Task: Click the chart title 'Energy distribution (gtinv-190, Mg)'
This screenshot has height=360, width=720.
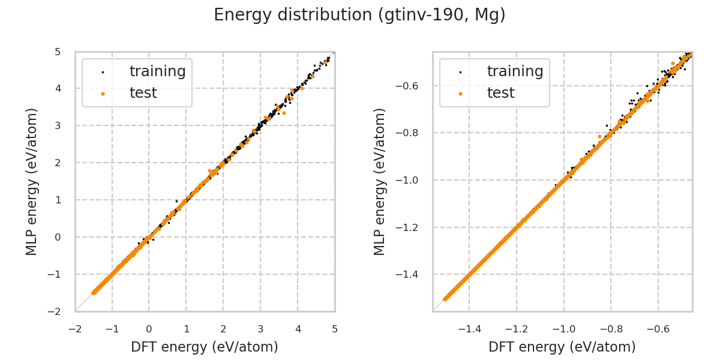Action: [x=359, y=15]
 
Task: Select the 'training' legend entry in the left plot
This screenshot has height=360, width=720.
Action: [x=157, y=71]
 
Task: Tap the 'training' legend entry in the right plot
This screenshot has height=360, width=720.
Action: [x=515, y=71]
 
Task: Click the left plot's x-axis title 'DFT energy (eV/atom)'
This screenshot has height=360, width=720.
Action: [x=205, y=347]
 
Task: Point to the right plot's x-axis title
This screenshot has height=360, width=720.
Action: [x=562, y=347]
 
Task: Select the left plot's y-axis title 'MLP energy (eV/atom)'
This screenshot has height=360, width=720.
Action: [x=32, y=181]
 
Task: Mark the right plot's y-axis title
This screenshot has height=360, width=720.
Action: [x=380, y=181]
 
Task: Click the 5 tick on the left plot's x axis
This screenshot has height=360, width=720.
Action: [x=335, y=329]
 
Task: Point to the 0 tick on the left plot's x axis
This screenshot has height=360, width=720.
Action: [x=149, y=329]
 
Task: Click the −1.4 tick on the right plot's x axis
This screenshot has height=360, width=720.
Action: [x=467, y=329]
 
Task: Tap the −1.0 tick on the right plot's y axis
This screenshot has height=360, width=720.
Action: [x=412, y=180]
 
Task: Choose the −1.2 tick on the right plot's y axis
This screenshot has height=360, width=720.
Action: [x=412, y=227]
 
